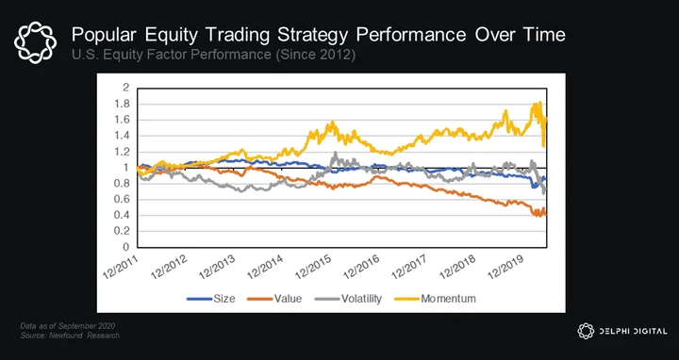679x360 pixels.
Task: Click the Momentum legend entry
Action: (435, 299)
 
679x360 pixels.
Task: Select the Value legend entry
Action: (274, 299)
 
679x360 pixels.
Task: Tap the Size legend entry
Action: (211, 299)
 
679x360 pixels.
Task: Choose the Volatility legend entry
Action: (348, 299)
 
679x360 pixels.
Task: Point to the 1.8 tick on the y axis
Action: (124, 104)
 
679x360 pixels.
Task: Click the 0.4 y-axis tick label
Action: (124, 216)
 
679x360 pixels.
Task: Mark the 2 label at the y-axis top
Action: (126, 88)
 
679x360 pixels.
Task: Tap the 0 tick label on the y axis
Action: (126, 247)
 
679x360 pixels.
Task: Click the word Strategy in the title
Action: (313, 35)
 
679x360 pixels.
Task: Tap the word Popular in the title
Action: (105, 35)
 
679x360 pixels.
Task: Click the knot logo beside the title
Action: (35, 42)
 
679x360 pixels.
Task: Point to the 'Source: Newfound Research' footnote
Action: (70, 335)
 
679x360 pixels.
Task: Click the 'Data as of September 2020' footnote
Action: (68, 326)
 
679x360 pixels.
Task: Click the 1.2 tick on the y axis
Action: (124, 152)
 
